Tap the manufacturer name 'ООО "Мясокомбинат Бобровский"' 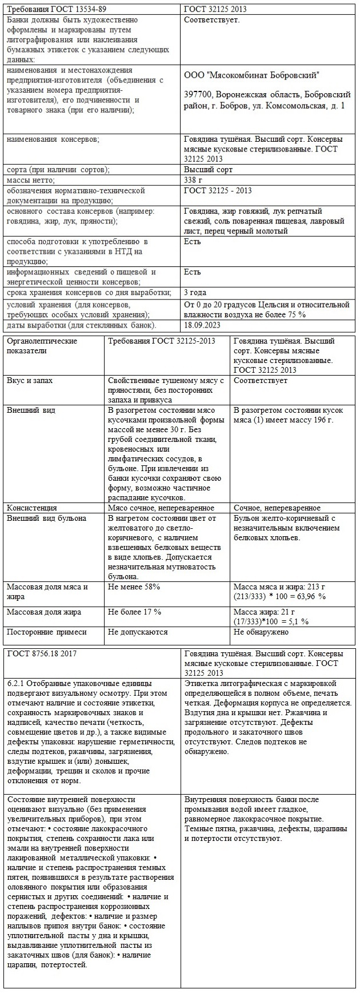(252, 75)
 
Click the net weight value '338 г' (194, 180)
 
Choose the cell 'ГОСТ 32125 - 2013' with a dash (218, 190)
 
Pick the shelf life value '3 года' (196, 293)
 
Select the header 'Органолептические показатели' (41, 346)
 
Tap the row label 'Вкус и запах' (30, 380)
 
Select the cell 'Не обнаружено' (261, 632)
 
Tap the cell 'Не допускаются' (138, 632)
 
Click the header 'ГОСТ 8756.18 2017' (42, 653)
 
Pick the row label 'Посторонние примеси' (47, 632)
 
